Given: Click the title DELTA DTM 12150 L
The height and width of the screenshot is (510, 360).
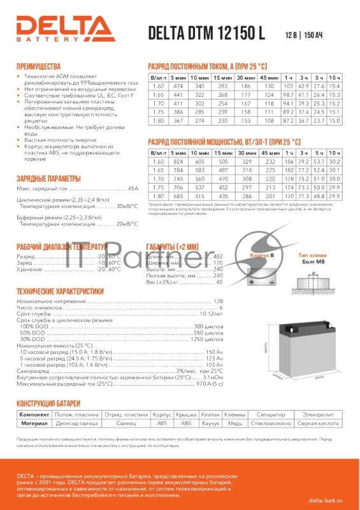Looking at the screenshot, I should click(x=206, y=34).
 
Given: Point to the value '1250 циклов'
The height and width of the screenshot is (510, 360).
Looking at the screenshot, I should click(x=208, y=339).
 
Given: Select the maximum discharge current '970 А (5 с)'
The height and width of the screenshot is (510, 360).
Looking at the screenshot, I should click(x=210, y=384).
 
